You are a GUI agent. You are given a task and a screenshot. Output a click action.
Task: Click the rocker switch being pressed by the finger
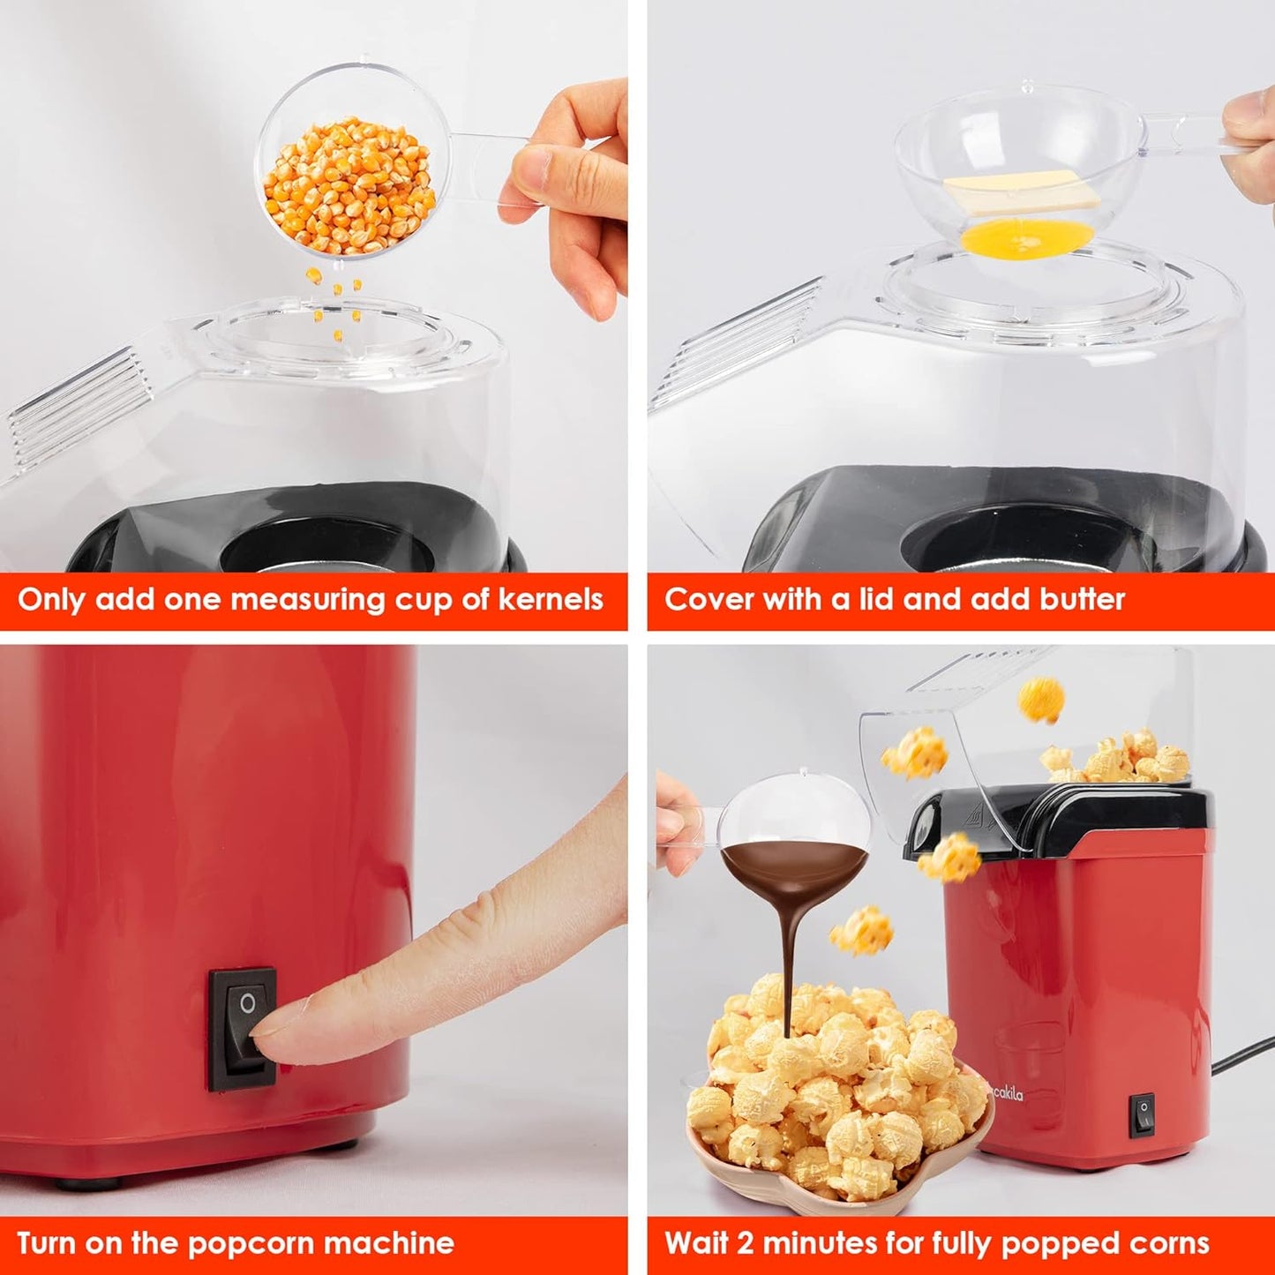pos(242,1028)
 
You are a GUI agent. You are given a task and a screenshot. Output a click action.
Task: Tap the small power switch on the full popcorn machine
pos(1144,1114)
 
